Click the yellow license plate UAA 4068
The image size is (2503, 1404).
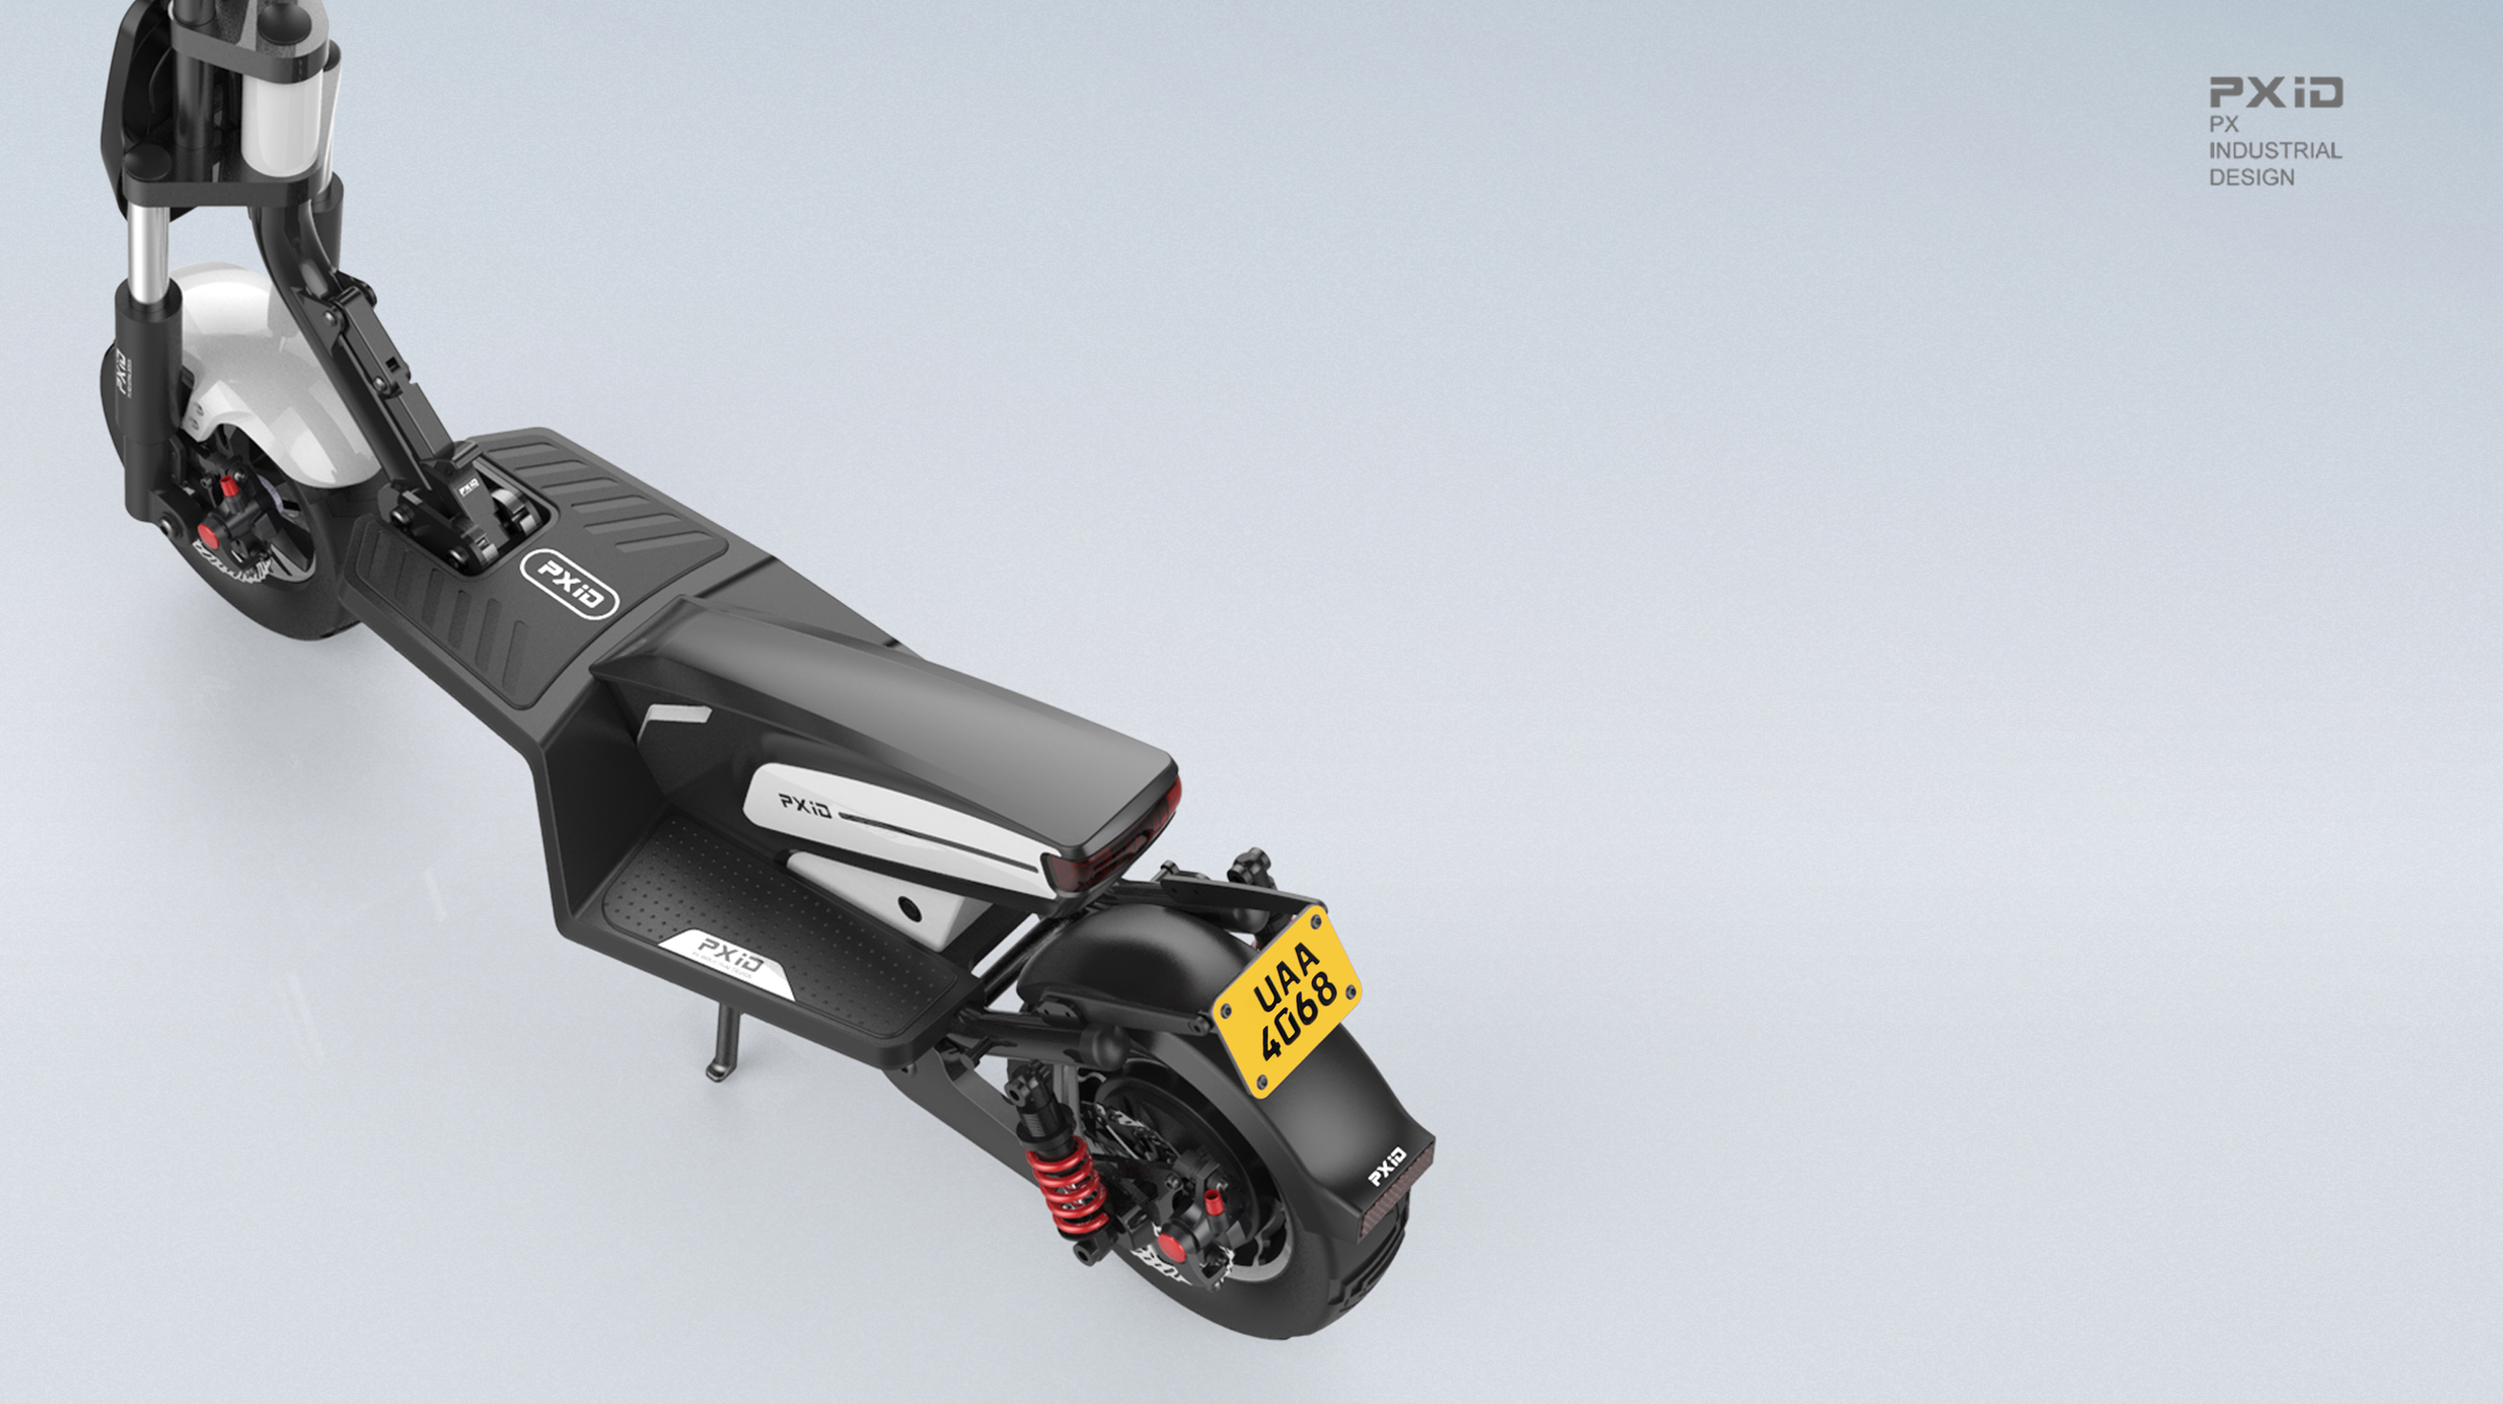point(1288,1001)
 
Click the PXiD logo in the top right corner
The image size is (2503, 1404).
point(2274,93)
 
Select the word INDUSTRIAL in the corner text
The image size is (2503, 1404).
point(2274,151)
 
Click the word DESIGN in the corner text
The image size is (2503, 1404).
point(2250,178)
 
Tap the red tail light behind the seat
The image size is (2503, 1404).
point(1117,855)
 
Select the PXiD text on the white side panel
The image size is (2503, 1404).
point(805,804)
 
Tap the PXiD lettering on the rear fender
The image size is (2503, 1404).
point(1387,1166)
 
